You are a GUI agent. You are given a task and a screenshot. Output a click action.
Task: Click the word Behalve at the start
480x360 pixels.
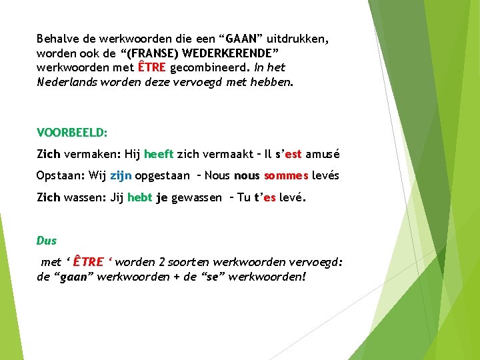pos(58,39)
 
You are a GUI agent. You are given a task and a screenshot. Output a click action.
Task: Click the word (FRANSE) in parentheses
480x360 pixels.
pos(141,53)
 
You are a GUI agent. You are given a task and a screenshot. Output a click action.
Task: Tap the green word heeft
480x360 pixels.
pos(159,154)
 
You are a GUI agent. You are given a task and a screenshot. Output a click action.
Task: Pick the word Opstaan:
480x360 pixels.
pos(60,176)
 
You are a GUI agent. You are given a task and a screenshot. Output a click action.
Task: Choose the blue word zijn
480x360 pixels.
pos(121,176)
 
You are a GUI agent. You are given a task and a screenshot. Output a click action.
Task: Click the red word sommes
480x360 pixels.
pos(286,176)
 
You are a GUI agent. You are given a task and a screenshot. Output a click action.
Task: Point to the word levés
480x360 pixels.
pos(325,176)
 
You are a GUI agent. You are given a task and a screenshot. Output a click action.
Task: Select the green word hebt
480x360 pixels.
pos(139,198)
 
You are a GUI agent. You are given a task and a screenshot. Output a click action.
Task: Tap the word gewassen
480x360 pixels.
pos(197,198)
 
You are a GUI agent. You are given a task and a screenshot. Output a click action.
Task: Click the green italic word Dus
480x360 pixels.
pos(46,240)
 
